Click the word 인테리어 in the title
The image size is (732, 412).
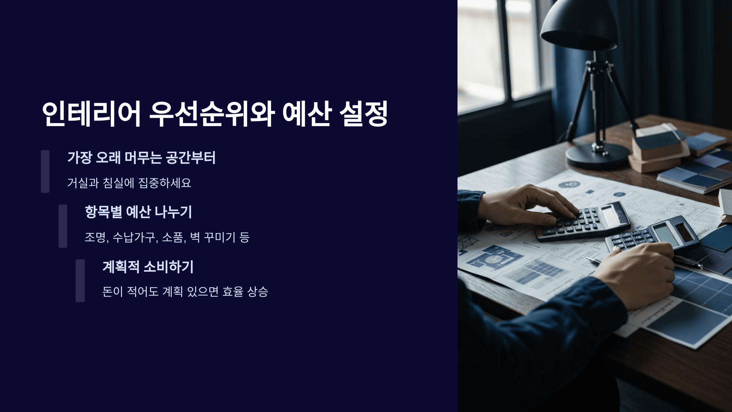(x=91, y=114)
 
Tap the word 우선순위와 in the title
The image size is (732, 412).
(x=212, y=114)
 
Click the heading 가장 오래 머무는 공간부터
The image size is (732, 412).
(x=141, y=158)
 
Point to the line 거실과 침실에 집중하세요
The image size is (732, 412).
(x=129, y=183)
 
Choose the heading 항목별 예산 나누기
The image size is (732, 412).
(x=138, y=212)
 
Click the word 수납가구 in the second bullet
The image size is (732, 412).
(x=134, y=237)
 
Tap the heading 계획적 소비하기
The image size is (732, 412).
(x=148, y=267)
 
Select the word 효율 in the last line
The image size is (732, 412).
(x=233, y=291)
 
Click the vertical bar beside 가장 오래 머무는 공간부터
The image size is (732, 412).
(x=45, y=171)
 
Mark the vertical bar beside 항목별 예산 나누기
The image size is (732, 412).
(x=63, y=226)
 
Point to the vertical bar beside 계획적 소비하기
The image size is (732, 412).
(x=80, y=280)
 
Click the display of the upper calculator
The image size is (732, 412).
(x=610, y=215)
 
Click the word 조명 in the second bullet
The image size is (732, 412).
(x=95, y=237)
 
